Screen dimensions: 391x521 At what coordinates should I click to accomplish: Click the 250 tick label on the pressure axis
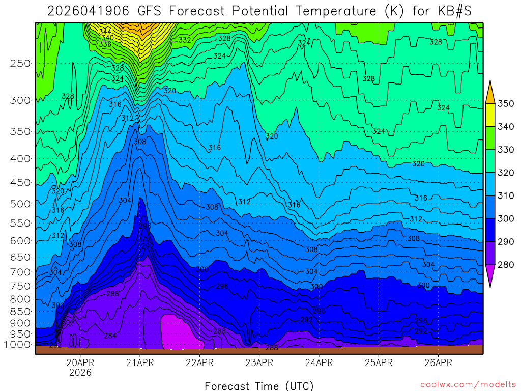point(20,64)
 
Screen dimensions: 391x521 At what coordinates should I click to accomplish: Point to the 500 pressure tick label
point(20,204)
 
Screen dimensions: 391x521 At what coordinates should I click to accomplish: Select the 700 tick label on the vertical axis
point(20,271)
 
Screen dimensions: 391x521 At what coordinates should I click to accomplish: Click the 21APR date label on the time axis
point(140,363)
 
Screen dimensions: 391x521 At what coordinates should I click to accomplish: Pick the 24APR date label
point(319,363)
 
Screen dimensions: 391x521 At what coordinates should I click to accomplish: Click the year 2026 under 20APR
point(80,373)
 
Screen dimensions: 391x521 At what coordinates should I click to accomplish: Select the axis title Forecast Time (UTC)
point(259,385)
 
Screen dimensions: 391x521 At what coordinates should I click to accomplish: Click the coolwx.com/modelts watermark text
point(468,384)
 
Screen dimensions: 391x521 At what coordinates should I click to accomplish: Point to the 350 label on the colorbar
point(506,104)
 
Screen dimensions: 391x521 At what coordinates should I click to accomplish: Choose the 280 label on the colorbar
point(506,264)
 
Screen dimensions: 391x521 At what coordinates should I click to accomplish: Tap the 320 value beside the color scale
point(506,173)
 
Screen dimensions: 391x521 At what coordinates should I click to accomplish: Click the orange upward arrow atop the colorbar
point(490,92)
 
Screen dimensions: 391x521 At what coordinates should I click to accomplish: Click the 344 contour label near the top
point(105,32)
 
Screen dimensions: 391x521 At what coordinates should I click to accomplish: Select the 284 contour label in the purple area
point(110,336)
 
